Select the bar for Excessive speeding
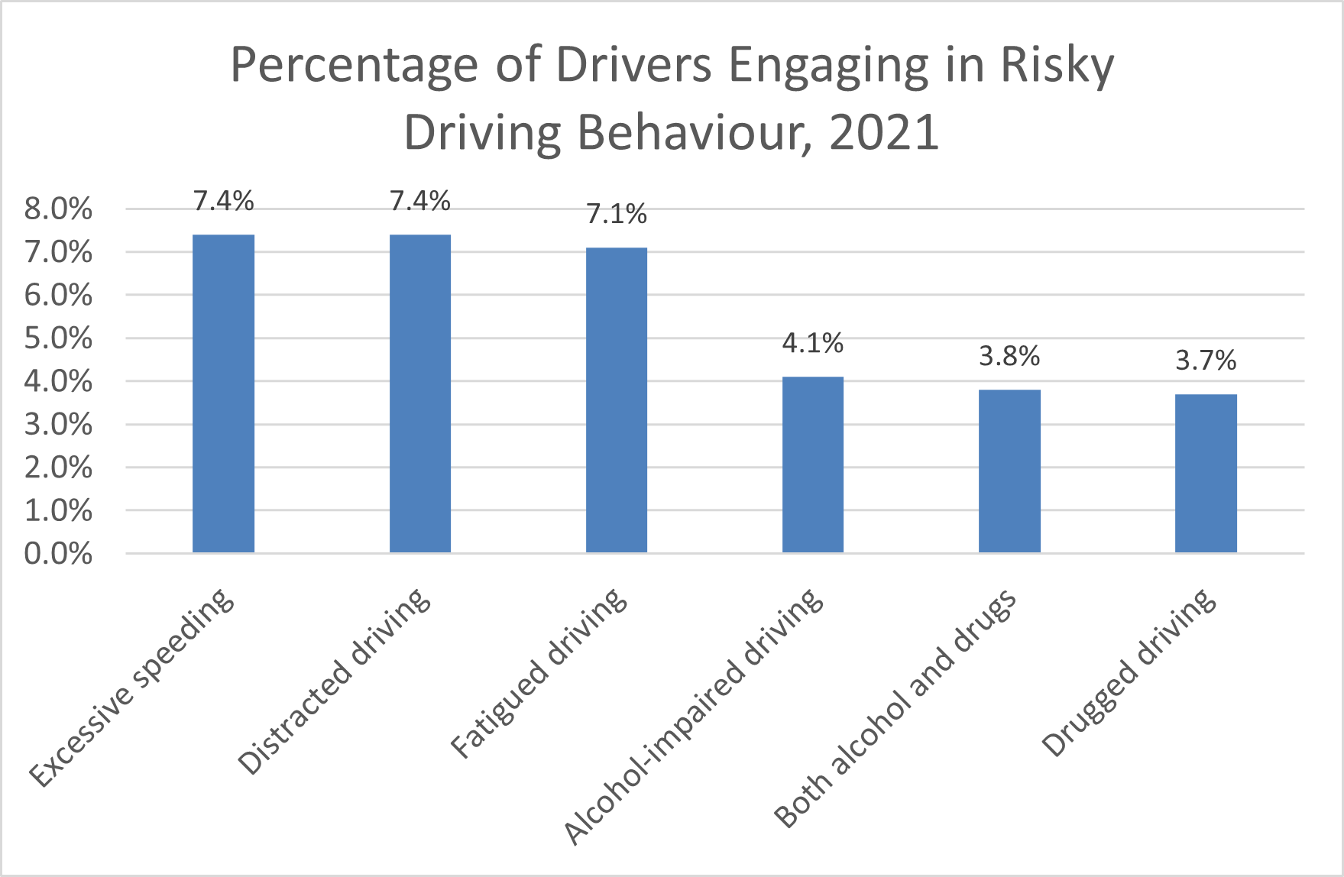[223, 393]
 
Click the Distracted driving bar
[419, 393]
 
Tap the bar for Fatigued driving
[616, 400]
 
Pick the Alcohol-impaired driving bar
[812, 464]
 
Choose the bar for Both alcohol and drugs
[1009, 471]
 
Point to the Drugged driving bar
[1205, 473]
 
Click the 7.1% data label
[616, 215]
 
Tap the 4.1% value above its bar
[812, 344]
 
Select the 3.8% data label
[1009, 357]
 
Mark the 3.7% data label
[1205, 361]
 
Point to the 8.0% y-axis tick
[58, 209]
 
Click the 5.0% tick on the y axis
[58, 338]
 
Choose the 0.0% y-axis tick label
[58, 554]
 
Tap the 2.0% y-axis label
[58, 468]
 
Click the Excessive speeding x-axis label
[132, 688]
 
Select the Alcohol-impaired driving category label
[695, 717]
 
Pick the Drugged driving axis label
[1129, 672]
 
